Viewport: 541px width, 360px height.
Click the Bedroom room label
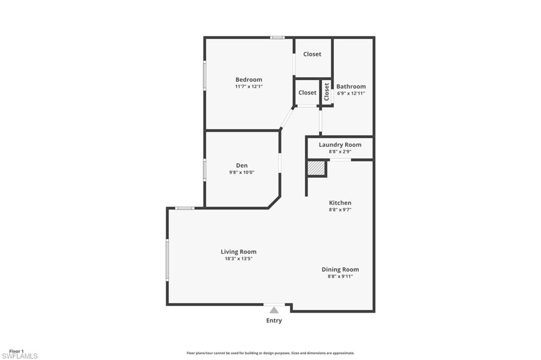(248, 80)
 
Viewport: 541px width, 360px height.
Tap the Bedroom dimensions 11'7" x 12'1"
(248, 86)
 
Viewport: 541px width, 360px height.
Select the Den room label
(242, 166)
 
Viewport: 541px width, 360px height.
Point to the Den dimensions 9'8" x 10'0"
(242, 172)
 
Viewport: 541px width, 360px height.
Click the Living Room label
(238, 252)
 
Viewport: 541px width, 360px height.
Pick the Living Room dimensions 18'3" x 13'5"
(238, 259)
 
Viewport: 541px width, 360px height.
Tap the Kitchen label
(340, 203)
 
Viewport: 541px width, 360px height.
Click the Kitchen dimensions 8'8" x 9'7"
(340, 210)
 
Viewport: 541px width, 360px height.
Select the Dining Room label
(340, 269)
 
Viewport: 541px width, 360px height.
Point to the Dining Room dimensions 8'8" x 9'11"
(340, 276)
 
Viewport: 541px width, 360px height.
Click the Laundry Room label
(340, 145)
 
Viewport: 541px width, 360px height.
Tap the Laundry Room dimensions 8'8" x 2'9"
(340, 151)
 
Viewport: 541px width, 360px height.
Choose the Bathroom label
(351, 87)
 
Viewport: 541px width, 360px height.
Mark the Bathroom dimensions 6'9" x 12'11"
(351, 93)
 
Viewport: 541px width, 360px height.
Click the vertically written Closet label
(327, 92)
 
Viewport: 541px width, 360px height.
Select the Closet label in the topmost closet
(312, 54)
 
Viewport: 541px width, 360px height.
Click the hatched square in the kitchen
(316, 168)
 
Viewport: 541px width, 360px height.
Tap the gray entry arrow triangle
(274, 310)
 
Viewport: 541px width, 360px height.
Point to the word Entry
(274, 320)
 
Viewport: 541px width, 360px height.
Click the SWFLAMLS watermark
(19, 356)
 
